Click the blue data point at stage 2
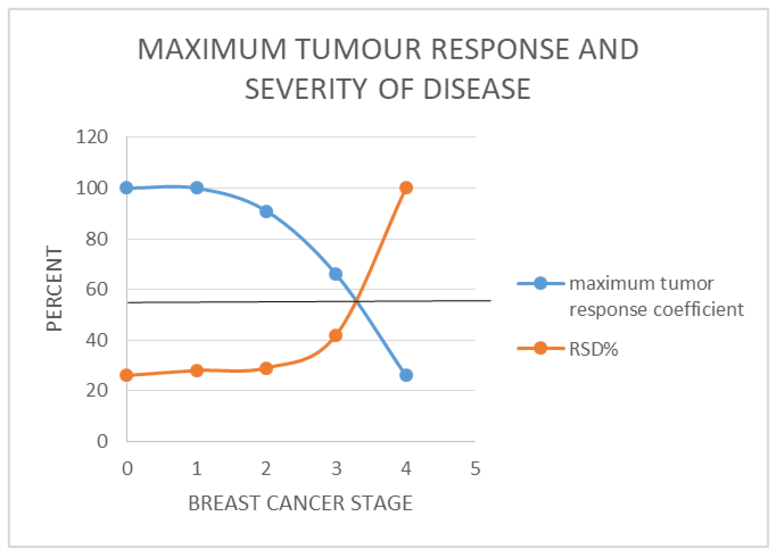click(x=266, y=211)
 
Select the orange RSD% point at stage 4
click(x=406, y=188)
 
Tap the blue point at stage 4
click(x=406, y=375)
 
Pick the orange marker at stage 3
click(x=335, y=335)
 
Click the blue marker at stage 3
click(x=336, y=274)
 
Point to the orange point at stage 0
click(x=127, y=375)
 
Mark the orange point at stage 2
click(x=266, y=368)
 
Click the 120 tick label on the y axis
click(x=91, y=137)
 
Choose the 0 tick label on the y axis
click(x=102, y=441)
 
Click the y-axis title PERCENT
click(x=54, y=288)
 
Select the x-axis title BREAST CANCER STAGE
click(x=300, y=503)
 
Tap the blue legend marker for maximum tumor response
click(x=540, y=283)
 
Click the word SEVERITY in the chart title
click(x=306, y=89)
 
